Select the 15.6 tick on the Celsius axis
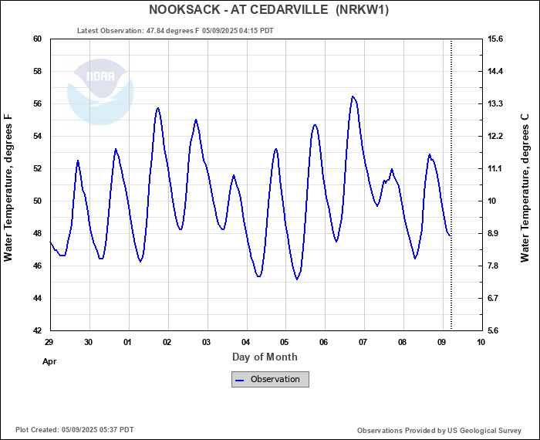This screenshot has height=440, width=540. pyautogui.click(x=495, y=39)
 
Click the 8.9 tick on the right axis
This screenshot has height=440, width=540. pyautogui.click(x=495, y=233)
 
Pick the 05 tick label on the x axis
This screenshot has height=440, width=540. pyautogui.click(x=285, y=342)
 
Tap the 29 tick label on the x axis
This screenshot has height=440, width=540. pyautogui.click(x=49, y=342)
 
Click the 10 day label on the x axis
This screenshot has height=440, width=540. pyautogui.click(x=481, y=342)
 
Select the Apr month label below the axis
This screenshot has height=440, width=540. pyautogui.click(x=49, y=360)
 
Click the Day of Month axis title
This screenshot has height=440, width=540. pyautogui.click(x=265, y=357)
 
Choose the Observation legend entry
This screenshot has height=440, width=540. pyautogui.click(x=270, y=379)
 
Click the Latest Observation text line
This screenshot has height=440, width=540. pyautogui.click(x=175, y=31)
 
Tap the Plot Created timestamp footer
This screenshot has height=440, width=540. pyautogui.click(x=74, y=430)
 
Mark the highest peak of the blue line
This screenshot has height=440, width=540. pyautogui.click(x=353, y=96)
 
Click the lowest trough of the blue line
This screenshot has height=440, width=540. pyautogui.click(x=297, y=279)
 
